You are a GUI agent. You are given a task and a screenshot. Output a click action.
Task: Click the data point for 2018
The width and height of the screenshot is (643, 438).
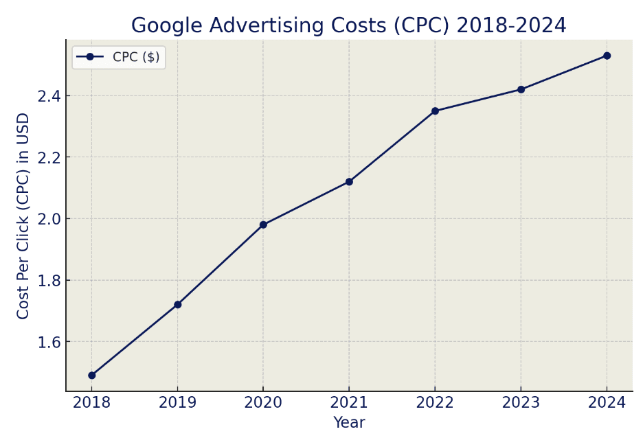pos(91,376)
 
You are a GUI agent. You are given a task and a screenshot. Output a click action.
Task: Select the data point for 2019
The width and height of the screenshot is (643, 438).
pos(177,304)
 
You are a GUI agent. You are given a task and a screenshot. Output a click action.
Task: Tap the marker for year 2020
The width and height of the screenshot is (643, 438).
pos(263,224)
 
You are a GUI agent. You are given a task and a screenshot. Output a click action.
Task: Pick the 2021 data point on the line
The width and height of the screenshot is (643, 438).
pos(349,182)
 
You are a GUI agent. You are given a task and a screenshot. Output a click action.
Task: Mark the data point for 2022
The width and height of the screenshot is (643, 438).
pos(435,111)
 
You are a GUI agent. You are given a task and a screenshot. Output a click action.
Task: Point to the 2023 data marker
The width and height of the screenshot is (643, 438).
pos(521,89)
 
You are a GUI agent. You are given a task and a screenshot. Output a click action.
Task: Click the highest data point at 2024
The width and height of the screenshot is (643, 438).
pos(607,56)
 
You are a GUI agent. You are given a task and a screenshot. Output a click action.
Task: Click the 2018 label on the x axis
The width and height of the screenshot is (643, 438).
pos(91,403)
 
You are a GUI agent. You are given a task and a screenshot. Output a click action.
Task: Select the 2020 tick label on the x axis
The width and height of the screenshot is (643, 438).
pos(263,403)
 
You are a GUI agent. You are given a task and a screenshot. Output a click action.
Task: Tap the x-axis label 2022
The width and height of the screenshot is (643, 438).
pos(435,403)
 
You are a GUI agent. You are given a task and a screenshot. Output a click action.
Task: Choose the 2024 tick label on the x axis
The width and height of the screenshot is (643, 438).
pos(607,403)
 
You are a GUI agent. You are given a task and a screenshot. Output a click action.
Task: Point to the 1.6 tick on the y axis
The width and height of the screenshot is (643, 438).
pos(49,342)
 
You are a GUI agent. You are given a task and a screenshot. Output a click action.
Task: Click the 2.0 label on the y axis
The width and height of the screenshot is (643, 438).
pos(49,219)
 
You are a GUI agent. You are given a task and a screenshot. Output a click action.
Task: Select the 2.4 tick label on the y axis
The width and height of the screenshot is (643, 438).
pos(49,96)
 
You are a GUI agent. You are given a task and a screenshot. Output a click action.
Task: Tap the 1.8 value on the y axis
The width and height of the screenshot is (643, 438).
pos(49,281)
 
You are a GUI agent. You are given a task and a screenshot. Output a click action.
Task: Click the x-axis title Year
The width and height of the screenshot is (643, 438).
pos(349,423)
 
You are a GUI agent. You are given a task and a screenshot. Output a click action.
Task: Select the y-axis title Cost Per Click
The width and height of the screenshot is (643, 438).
pos(23,216)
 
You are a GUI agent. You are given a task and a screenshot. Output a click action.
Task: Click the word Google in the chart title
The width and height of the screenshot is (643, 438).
pos(168,26)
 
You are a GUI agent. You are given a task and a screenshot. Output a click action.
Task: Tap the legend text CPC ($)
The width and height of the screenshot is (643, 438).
pos(136,57)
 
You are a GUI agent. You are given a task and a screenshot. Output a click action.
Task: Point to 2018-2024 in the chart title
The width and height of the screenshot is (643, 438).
pos(511,26)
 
